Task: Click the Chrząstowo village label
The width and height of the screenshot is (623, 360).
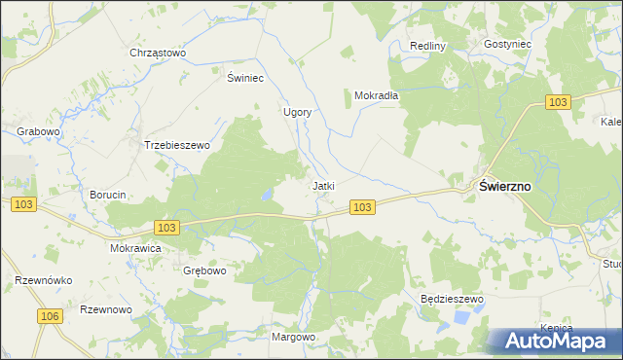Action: [158, 53]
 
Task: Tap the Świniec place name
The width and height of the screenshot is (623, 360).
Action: [246, 77]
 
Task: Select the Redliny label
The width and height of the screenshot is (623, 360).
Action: [427, 46]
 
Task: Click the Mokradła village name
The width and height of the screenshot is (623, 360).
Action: [371, 96]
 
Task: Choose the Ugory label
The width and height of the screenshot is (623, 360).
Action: [297, 112]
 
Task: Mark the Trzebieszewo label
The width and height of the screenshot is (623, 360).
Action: [177, 145]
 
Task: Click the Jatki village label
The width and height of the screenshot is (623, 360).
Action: [323, 185]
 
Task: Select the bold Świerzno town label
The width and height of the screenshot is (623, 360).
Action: [503, 188]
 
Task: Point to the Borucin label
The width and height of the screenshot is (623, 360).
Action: [108, 195]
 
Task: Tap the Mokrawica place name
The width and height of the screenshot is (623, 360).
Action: [135, 248]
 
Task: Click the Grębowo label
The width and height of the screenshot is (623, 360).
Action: [203, 270]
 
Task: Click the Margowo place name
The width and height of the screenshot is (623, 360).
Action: [294, 337]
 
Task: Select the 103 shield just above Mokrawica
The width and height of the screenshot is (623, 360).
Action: [166, 227]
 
